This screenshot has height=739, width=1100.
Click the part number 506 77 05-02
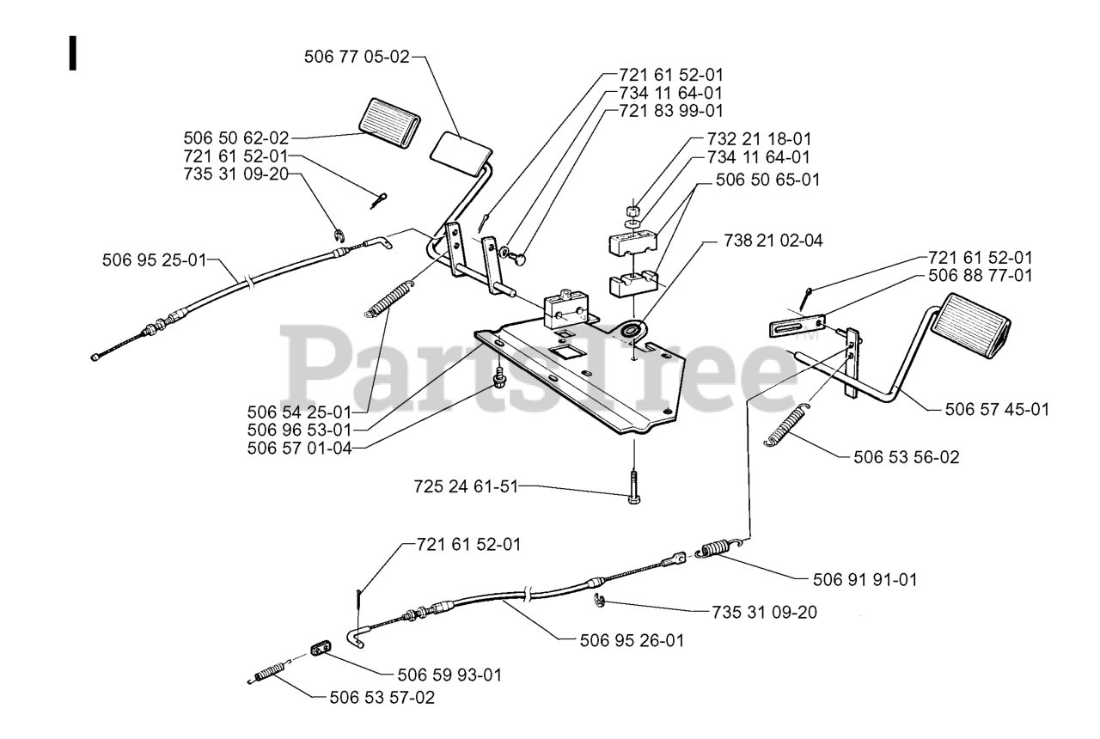357,57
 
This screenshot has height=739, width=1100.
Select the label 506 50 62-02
236,137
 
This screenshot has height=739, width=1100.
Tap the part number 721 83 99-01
671,111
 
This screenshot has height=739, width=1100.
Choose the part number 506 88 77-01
981,277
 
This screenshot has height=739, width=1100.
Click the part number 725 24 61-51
467,487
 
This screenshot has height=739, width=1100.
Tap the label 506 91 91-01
865,580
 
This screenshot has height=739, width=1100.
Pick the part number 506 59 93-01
448,675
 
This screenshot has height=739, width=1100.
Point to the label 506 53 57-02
382,698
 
